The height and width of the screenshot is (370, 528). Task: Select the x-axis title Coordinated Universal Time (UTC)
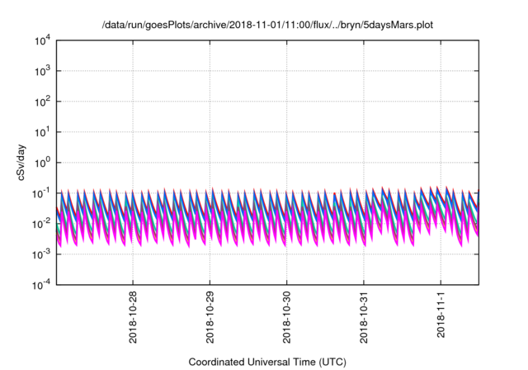(x=266, y=362)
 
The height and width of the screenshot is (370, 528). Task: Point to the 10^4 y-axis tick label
(x=43, y=40)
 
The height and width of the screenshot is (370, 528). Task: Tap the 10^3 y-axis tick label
(x=43, y=71)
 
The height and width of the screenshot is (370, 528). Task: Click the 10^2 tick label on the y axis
(x=43, y=102)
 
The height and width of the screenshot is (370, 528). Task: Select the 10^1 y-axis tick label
(x=43, y=132)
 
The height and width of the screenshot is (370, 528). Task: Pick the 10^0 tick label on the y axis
(x=43, y=163)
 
